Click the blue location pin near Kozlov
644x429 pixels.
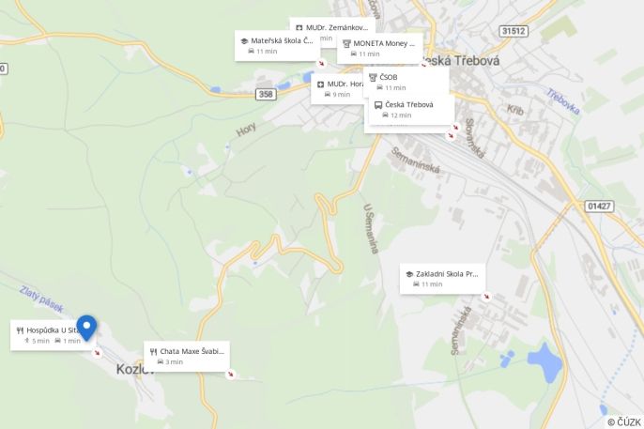click(86, 327)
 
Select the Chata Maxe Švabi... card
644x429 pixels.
click(187, 356)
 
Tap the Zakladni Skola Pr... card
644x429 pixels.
click(442, 278)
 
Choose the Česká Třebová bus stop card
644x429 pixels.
click(409, 109)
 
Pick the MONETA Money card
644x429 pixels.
click(379, 48)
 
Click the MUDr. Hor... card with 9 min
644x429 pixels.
click(338, 88)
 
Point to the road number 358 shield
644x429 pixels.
click(266, 94)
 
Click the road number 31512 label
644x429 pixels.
click(514, 31)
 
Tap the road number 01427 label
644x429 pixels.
click(598, 206)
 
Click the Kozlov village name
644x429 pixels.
click(134, 369)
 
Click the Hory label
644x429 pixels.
click(246, 131)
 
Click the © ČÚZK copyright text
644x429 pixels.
click(623, 421)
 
